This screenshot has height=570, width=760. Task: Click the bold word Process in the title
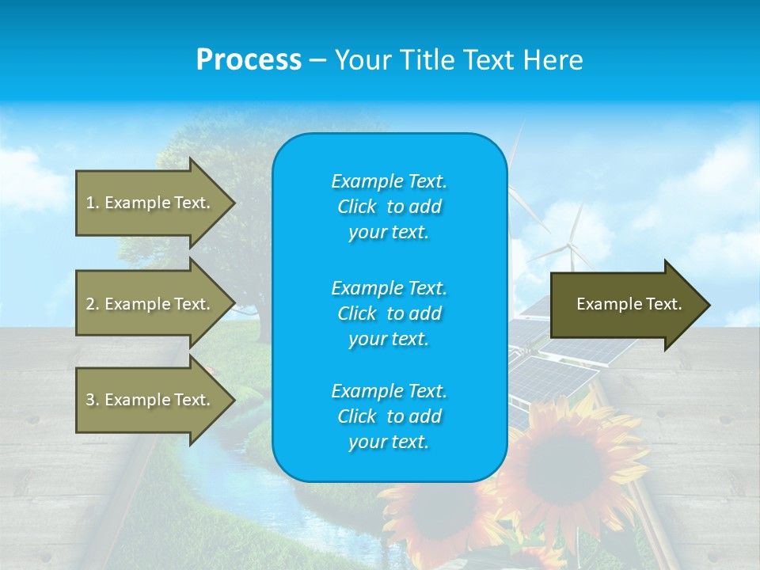point(249,60)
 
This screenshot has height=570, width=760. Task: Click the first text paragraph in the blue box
point(389,207)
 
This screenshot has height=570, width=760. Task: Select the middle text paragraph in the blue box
point(389,313)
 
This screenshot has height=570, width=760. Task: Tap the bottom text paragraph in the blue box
point(389,416)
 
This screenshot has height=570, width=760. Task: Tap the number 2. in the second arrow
point(92,304)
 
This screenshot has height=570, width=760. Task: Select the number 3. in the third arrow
point(92,400)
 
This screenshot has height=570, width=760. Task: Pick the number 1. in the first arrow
point(92,203)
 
